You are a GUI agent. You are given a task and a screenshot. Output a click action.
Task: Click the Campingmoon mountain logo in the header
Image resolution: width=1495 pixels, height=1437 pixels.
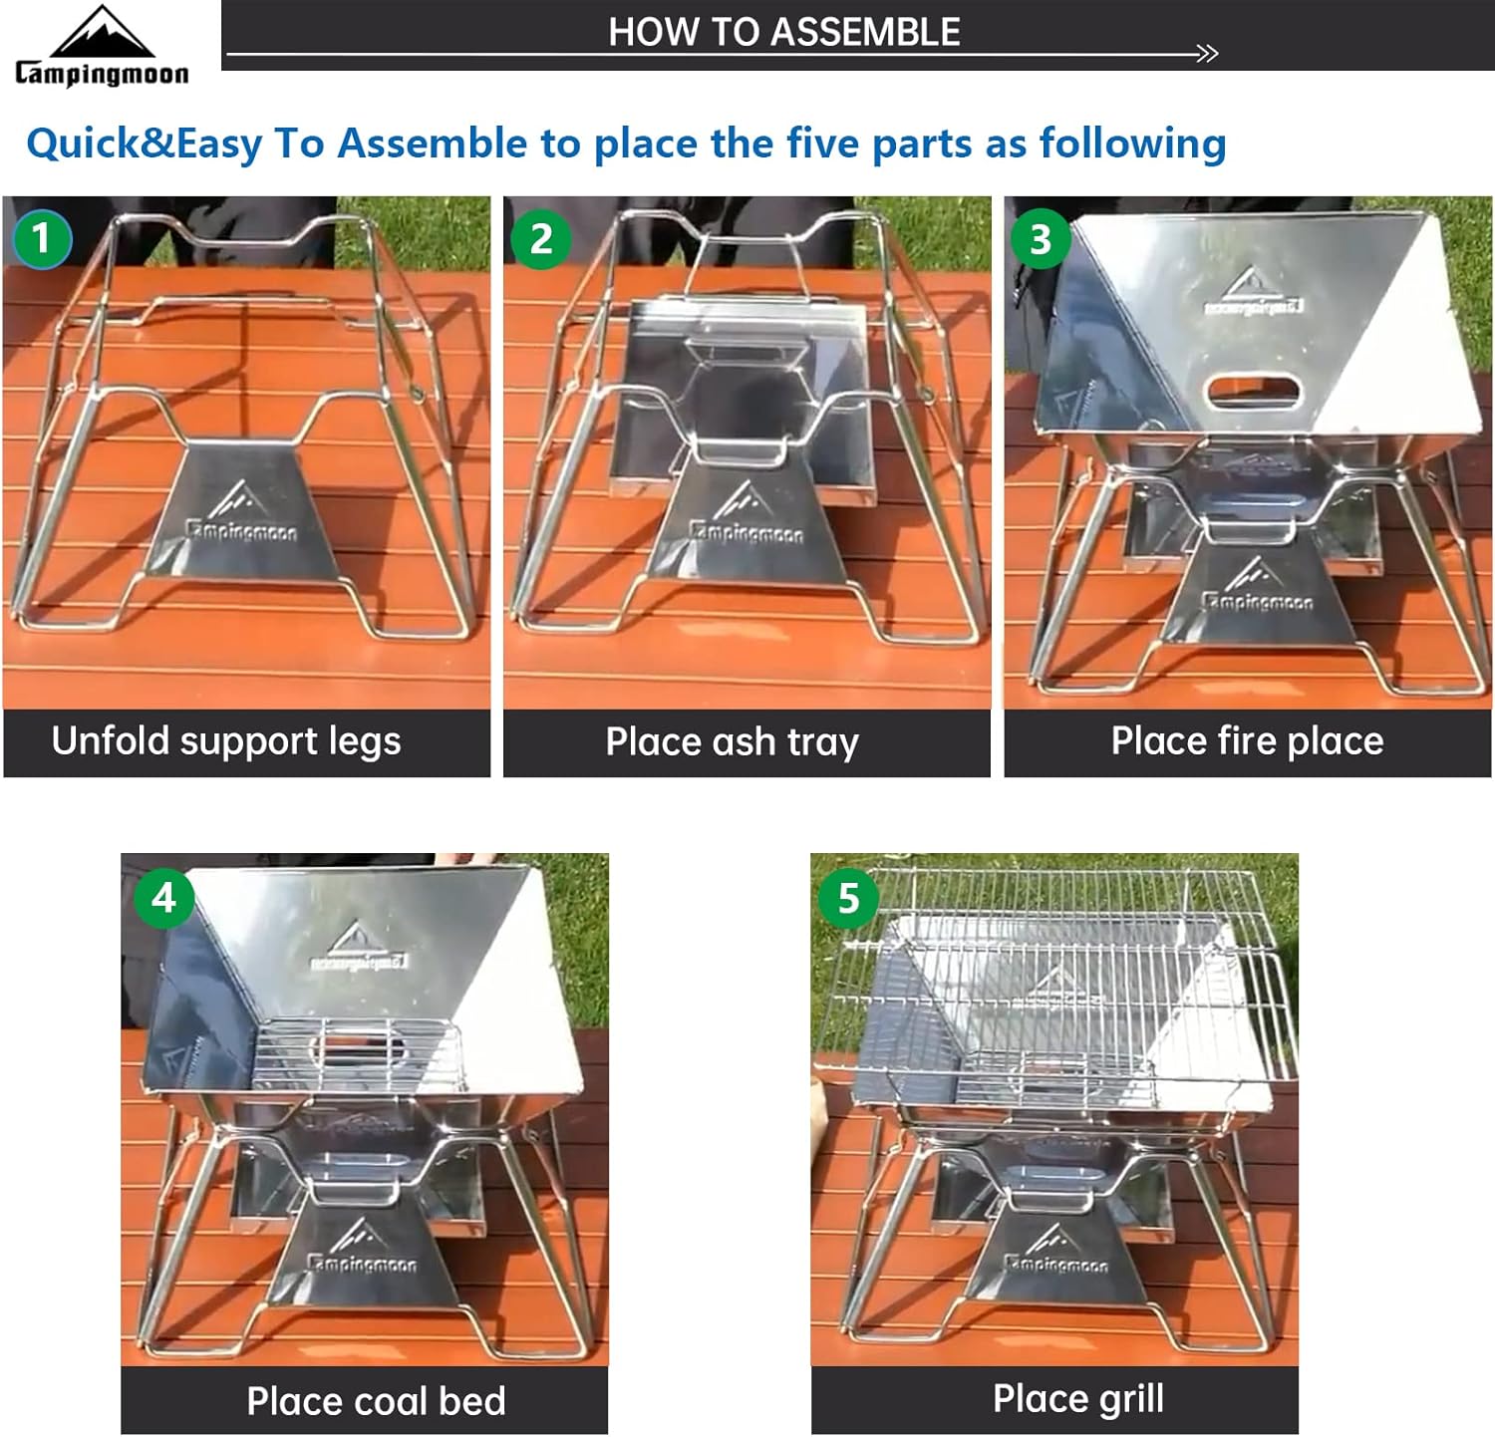(x=102, y=46)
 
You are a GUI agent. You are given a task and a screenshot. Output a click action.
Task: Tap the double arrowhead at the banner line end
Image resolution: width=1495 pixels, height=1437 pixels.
(x=1207, y=54)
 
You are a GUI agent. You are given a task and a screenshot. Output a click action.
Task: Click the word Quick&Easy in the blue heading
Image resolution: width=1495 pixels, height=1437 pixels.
(x=145, y=144)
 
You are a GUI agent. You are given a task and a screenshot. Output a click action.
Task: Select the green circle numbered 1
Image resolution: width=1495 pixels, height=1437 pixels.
(x=41, y=239)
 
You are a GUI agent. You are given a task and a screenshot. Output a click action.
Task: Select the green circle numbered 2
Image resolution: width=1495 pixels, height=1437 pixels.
(x=541, y=239)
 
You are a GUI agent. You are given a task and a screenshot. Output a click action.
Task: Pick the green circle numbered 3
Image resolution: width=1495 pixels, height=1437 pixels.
(x=1041, y=239)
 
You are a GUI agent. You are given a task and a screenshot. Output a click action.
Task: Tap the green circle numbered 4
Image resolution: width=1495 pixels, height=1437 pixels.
(x=163, y=898)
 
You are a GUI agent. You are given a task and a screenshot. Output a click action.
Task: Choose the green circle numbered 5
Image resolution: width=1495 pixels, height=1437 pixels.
(x=848, y=898)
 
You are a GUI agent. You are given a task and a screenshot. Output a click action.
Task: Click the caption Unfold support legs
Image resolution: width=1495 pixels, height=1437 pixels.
(x=226, y=741)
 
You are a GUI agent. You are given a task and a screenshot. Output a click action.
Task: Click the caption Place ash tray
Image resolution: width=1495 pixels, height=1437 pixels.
(x=733, y=742)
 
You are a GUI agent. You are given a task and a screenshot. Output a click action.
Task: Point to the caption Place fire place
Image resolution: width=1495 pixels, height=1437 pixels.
(x=1248, y=741)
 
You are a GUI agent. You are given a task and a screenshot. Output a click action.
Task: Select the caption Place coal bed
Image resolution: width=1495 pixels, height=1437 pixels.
(x=377, y=1401)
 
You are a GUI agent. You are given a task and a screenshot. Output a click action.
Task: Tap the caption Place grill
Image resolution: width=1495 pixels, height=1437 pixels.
(x=1079, y=1399)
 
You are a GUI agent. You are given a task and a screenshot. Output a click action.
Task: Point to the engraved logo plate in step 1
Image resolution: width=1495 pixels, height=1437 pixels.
(x=243, y=513)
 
